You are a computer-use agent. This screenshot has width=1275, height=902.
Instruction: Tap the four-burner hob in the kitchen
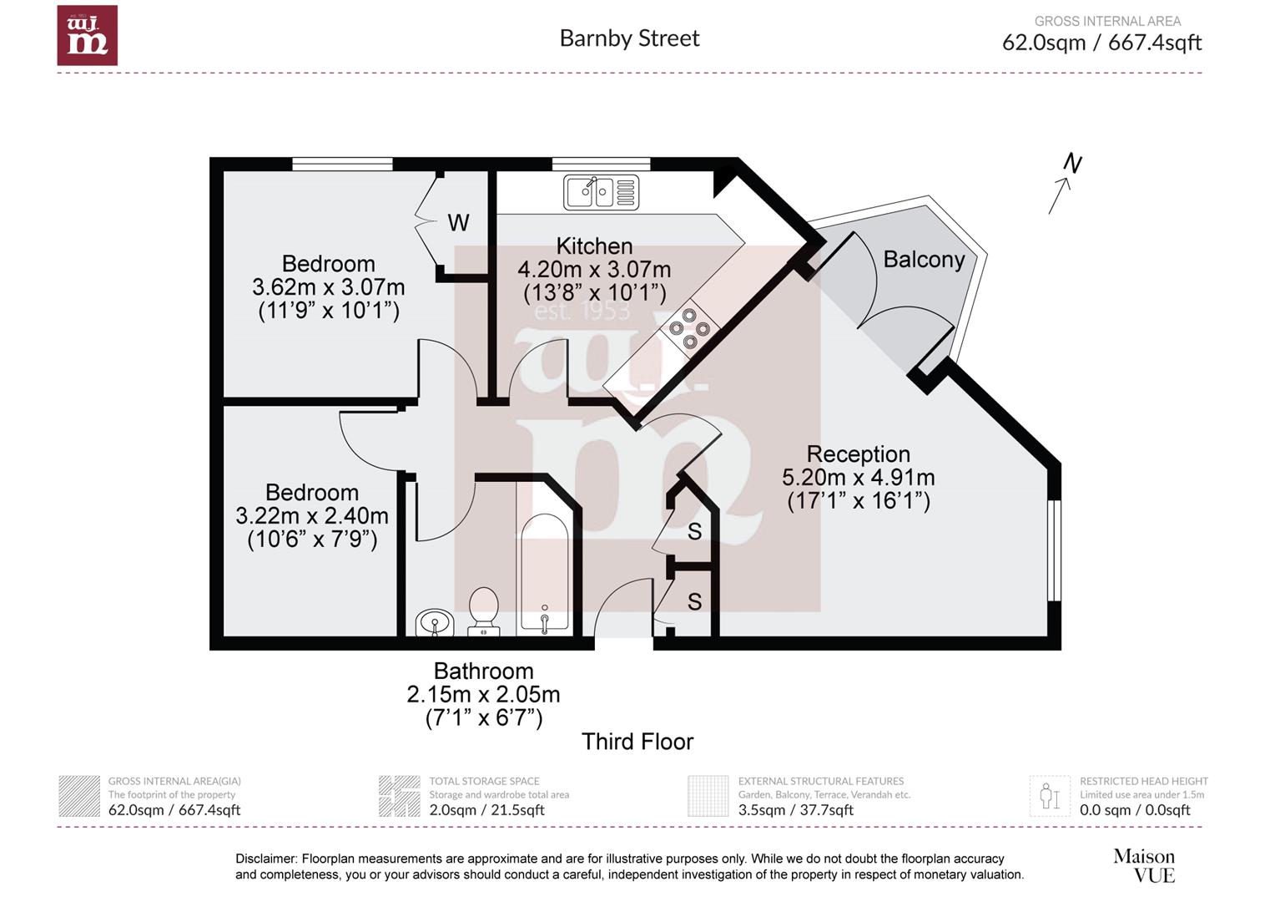tap(689, 329)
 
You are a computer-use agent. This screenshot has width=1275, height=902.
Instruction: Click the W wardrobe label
tap(459, 223)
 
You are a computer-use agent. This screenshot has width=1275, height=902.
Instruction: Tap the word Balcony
tap(924, 260)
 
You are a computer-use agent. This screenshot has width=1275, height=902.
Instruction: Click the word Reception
tap(859, 454)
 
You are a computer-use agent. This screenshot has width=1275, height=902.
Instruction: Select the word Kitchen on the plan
tap(594, 246)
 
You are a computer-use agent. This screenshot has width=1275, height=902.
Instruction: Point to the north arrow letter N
tap(1072, 164)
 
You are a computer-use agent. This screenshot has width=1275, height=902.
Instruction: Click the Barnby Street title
tap(629, 38)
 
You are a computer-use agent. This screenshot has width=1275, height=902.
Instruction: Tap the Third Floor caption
tap(637, 742)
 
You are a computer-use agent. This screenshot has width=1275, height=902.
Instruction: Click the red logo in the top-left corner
tap(87, 35)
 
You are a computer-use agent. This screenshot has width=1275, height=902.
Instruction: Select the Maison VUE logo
tap(1144, 865)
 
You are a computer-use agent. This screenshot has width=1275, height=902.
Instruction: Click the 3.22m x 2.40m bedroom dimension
tap(312, 516)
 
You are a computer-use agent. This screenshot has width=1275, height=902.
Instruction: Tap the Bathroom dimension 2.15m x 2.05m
tap(483, 695)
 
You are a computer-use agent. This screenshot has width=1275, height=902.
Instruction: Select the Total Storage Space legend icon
tap(400, 796)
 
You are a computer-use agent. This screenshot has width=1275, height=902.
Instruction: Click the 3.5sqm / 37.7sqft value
tap(796, 809)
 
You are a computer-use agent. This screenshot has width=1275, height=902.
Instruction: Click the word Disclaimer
tap(266, 859)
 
